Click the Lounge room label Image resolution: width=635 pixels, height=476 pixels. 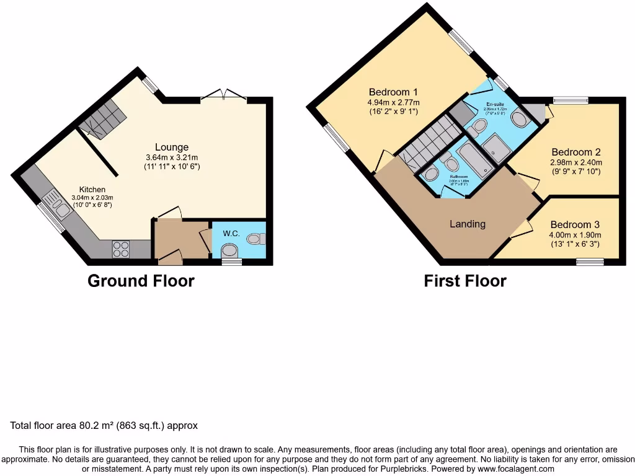[x=172, y=148]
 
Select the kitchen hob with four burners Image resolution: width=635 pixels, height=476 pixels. [x=121, y=249]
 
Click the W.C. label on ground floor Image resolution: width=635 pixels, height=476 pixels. [x=231, y=234]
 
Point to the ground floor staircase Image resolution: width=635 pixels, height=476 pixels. [x=104, y=120]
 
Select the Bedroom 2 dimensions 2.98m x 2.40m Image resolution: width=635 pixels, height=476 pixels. [x=576, y=162]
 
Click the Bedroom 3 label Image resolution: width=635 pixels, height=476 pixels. [x=575, y=224]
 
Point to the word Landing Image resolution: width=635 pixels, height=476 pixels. [x=468, y=224]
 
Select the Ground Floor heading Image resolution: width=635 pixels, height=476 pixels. [x=141, y=281]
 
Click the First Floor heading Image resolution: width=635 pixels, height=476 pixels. [x=465, y=281]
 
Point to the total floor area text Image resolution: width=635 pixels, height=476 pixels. [x=104, y=426]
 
